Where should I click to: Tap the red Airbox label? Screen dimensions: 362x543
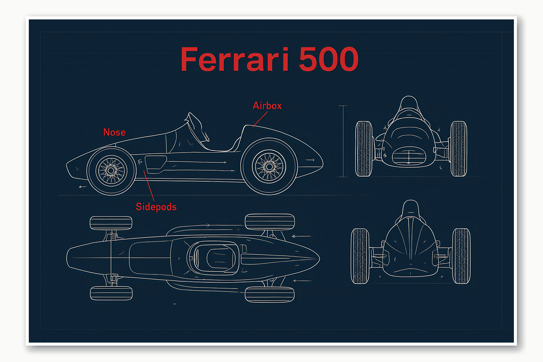pos(267,106)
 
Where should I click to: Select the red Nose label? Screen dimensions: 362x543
pos(114,132)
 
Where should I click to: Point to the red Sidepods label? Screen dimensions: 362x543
pos(156,207)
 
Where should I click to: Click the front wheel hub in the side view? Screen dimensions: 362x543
pos(111,171)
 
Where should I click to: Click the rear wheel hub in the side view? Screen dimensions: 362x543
pos(269,166)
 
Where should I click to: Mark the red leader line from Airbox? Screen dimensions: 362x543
pos(260,119)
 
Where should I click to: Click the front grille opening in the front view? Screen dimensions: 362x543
pos(409,156)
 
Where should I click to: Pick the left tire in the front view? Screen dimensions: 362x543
pos(364,149)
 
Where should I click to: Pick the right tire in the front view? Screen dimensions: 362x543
pos(459,149)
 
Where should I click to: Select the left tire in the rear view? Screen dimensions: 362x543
pos(360,256)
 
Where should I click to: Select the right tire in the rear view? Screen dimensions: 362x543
pos(461,256)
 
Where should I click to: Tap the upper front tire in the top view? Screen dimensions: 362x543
pos(111,223)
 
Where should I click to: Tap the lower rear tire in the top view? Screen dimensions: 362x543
pos(270,295)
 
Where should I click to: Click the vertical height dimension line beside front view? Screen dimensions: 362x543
pos(343,141)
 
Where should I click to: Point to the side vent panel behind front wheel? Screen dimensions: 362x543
pos(155,164)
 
